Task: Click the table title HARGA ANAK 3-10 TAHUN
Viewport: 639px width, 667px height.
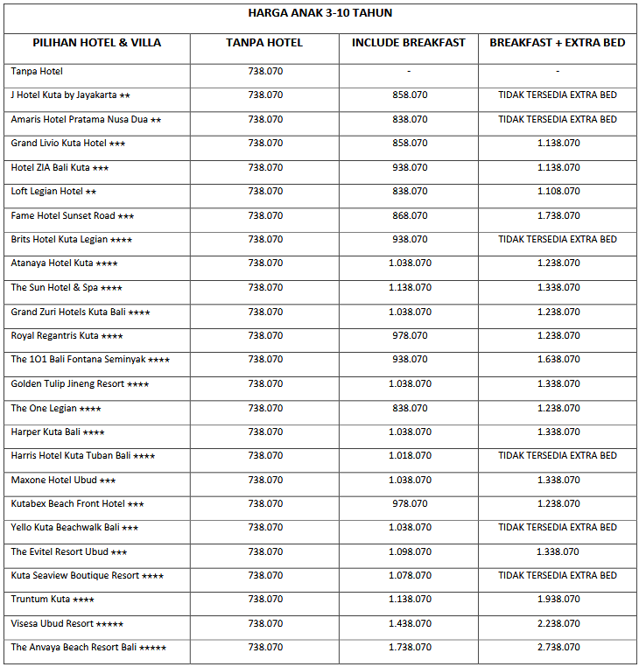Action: pyautogui.click(x=319, y=12)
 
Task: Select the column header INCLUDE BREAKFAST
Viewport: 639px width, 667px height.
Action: pyautogui.click(x=409, y=43)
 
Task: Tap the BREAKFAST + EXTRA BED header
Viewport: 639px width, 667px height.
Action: pyautogui.click(x=558, y=43)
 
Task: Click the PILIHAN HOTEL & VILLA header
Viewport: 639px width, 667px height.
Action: pyautogui.click(x=97, y=43)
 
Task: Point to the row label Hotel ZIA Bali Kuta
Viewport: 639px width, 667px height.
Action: pyautogui.click(x=60, y=167)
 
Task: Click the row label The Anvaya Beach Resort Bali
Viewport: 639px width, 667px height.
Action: pyautogui.click(x=88, y=648)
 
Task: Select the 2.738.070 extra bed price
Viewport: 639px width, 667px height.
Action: pyautogui.click(x=558, y=648)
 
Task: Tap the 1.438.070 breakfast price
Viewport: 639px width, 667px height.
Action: pyautogui.click(x=410, y=624)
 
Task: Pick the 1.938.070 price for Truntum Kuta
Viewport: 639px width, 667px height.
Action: pyautogui.click(x=558, y=600)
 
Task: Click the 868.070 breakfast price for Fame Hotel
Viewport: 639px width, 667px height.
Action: pyautogui.click(x=410, y=215)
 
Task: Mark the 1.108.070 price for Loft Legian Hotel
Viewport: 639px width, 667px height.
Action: pyautogui.click(x=558, y=191)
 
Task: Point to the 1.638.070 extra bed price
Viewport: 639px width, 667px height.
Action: pyautogui.click(x=558, y=359)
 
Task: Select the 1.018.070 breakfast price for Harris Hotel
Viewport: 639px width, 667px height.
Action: pyautogui.click(x=410, y=455)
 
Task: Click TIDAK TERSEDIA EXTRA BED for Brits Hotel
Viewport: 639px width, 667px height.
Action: pyautogui.click(x=558, y=239)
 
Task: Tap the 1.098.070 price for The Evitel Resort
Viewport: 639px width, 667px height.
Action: pyautogui.click(x=410, y=551)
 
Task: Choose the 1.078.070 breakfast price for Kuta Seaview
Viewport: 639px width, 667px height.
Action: pyautogui.click(x=410, y=576)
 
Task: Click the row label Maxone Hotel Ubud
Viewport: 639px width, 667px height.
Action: pyautogui.click(x=63, y=480)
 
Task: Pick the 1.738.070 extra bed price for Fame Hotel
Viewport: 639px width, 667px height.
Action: pyautogui.click(x=558, y=215)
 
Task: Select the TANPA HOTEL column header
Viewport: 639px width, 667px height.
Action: pyautogui.click(x=264, y=43)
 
